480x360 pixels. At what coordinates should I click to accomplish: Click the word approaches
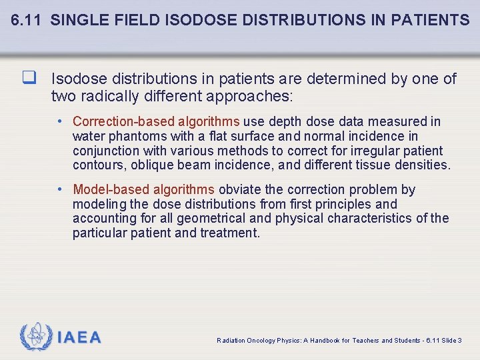249,96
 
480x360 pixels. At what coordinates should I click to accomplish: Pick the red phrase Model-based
109,189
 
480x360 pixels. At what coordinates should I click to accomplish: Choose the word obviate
239,189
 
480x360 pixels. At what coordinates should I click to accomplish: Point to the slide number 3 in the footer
459,341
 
